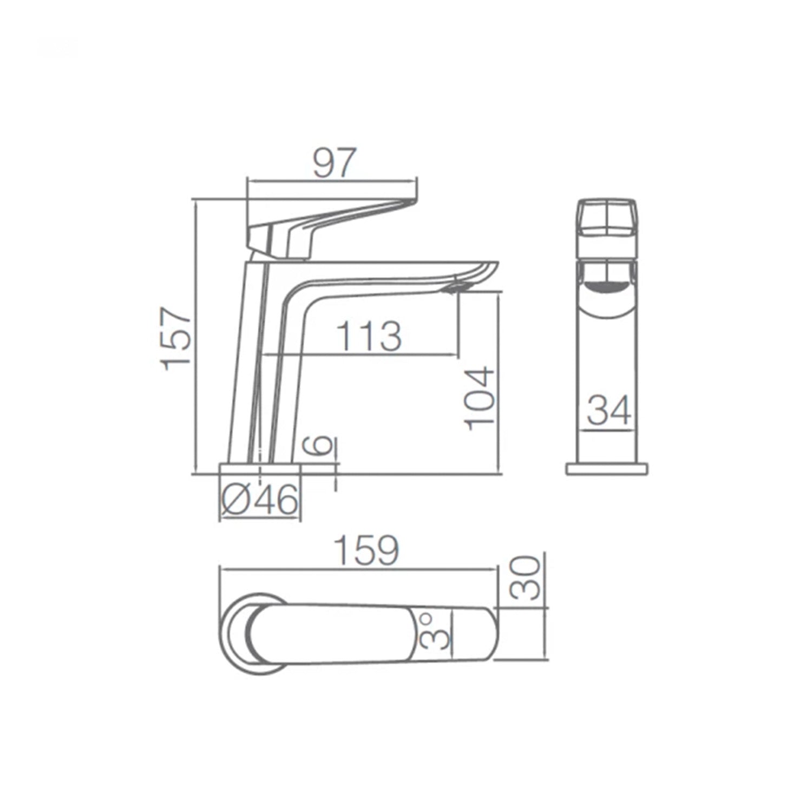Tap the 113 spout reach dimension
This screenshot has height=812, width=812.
[x=370, y=337]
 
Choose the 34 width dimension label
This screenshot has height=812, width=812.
[x=609, y=411]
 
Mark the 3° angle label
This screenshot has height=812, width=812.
[x=435, y=631]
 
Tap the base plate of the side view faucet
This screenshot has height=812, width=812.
[x=260, y=469]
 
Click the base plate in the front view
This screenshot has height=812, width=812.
[x=607, y=469]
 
